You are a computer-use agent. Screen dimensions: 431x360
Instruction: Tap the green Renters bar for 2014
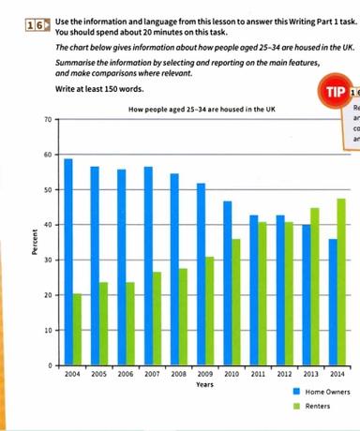coord(341,281)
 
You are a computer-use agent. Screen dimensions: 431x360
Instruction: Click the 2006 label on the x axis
coord(126,373)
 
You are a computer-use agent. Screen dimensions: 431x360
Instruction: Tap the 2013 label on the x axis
coord(309,373)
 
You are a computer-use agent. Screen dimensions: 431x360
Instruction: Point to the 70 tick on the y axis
coord(47,120)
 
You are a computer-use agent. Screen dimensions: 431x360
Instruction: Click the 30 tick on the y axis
coord(47,260)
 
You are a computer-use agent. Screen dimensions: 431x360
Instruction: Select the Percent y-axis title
coord(34,242)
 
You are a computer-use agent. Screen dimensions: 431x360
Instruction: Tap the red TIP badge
coord(333,94)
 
